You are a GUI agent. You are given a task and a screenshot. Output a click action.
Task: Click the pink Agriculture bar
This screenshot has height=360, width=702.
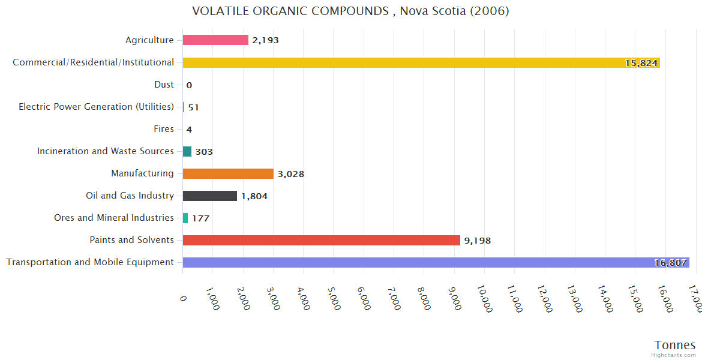point(215,40)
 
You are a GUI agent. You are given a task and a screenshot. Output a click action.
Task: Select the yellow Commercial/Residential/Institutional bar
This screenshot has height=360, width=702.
point(420,62)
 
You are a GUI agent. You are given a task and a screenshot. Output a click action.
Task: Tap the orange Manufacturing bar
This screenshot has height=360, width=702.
point(228,173)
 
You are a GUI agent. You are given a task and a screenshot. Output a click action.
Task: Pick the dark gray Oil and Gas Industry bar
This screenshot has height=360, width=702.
point(210,196)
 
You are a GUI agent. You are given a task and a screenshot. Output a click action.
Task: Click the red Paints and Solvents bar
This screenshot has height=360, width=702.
point(321,240)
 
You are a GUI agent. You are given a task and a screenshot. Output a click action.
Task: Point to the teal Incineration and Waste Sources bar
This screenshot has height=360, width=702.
point(187,151)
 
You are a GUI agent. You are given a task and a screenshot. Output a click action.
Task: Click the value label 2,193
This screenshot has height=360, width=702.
point(265,40)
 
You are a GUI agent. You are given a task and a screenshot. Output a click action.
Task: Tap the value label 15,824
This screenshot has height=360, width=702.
point(641,63)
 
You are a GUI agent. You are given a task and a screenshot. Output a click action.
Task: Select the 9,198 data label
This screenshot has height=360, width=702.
point(477,241)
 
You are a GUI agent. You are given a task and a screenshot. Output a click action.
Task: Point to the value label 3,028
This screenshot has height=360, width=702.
point(291,174)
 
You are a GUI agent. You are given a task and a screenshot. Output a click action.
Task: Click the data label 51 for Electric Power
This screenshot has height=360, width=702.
point(193,107)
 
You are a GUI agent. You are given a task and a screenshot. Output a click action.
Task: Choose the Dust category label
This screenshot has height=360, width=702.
point(164,85)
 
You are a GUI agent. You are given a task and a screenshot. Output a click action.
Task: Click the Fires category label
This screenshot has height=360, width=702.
point(164,129)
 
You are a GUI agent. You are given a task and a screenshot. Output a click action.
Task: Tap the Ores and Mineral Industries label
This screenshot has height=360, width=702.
point(114,218)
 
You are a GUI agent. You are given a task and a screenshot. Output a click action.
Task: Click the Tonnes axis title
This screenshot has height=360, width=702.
point(675,345)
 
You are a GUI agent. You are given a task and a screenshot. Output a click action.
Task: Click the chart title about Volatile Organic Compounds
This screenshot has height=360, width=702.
point(350,11)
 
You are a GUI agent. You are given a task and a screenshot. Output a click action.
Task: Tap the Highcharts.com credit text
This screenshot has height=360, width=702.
point(673,355)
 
